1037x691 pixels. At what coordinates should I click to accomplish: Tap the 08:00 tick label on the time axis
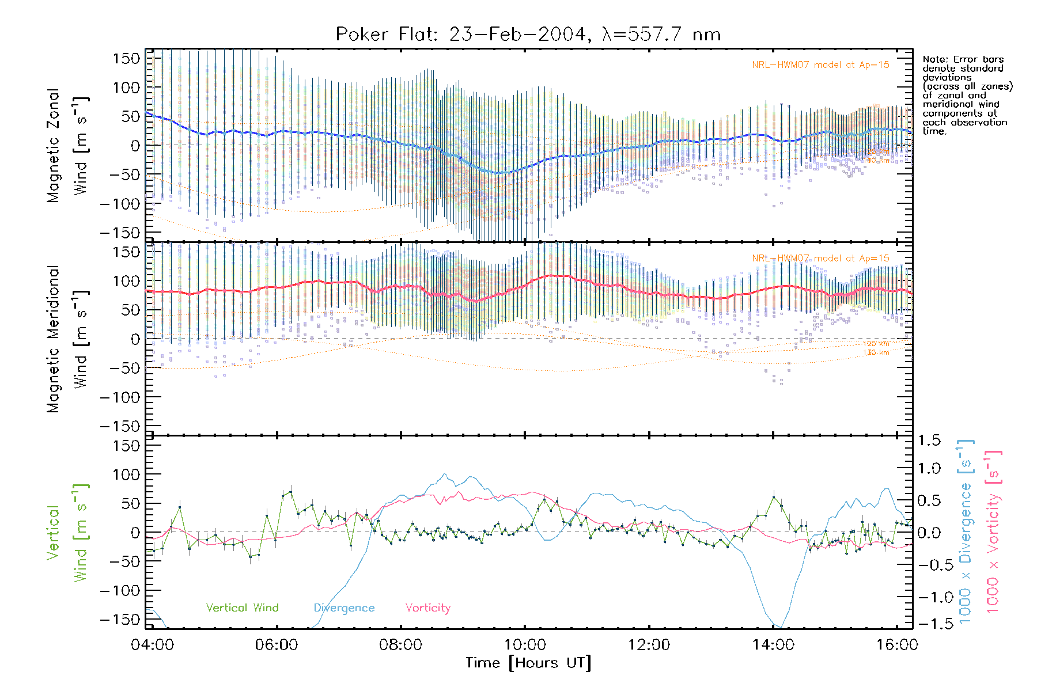point(400,645)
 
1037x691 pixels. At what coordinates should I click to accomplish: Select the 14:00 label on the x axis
point(773,645)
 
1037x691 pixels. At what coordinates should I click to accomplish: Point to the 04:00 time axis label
point(152,645)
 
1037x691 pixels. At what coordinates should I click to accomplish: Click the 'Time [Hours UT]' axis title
point(528,663)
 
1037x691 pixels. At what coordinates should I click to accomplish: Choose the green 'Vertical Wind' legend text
point(242,608)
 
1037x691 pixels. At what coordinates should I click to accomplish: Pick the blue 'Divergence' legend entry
point(344,608)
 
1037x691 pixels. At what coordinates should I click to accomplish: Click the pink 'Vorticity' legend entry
point(427,608)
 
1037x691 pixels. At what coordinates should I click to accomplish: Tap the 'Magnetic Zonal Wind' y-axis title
point(67,146)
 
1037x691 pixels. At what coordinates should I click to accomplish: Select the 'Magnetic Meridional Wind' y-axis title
point(67,339)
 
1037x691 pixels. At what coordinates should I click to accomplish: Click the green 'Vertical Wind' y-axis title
point(67,533)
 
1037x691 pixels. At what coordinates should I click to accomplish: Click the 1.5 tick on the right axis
point(929,441)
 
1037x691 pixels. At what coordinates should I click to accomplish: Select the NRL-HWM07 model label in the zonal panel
point(820,65)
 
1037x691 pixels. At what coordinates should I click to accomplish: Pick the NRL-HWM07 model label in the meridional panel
point(820,259)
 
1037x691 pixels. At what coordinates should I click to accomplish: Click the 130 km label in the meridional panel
point(876,352)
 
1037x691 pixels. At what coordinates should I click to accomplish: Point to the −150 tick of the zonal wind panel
point(120,233)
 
